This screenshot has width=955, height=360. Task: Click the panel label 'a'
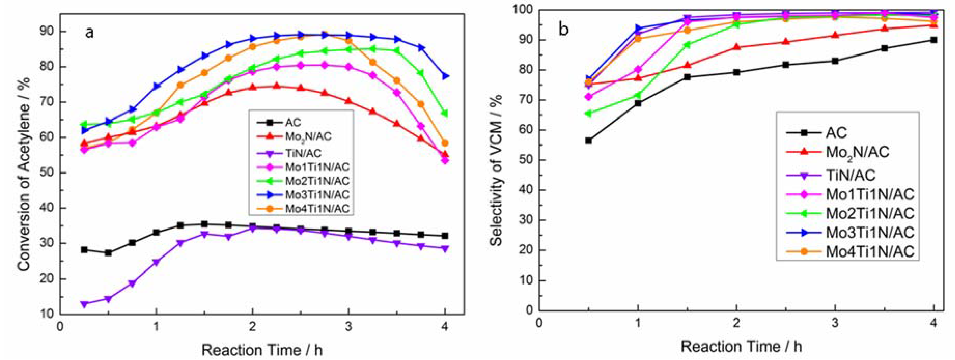tap(89, 33)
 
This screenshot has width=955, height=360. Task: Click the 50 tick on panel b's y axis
tap(525, 160)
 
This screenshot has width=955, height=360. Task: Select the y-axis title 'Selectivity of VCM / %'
tap(496, 170)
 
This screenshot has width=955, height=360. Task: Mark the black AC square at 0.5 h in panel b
tap(588, 141)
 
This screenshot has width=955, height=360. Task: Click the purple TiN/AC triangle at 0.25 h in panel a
tap(84, 304)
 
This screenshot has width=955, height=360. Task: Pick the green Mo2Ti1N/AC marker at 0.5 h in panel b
tap(588, 113)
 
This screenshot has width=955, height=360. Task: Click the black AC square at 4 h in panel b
tap(933, 40)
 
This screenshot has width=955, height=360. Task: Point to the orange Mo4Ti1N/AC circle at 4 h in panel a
tap(445, 143)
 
